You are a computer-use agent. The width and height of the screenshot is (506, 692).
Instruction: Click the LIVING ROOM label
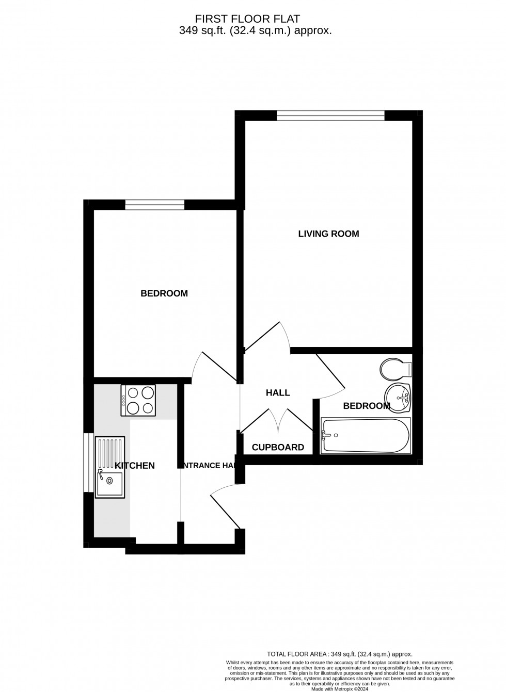pyautogui.click(x=328, y=234)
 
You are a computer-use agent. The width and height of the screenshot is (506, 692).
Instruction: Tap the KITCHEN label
pyautogui.click(x=135, y=466)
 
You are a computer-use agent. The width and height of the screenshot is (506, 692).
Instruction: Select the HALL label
pyautogui.click(x=278, y=393)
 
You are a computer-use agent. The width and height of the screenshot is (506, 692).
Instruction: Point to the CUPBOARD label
pyautogui.click(x=278, y=447)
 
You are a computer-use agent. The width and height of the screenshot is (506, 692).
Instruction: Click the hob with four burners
pyautogui.click(x=138, y=401)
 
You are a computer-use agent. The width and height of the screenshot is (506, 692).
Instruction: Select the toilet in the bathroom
pyautogui.click(x=396, y=369)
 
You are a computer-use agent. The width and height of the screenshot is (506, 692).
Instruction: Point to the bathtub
pyautogui.click(x=366, y=436)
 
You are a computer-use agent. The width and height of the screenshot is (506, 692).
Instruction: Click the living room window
pyautogui.click(x=330, y=116)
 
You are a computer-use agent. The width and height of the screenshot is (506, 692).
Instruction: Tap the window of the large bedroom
pyautogui.click(x=154, y=205)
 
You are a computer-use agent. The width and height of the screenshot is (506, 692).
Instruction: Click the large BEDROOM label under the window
pyautogui.click(x=164, y=293)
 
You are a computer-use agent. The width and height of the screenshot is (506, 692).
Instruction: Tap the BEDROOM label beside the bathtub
pyautogui.click(x=367, y=406)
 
